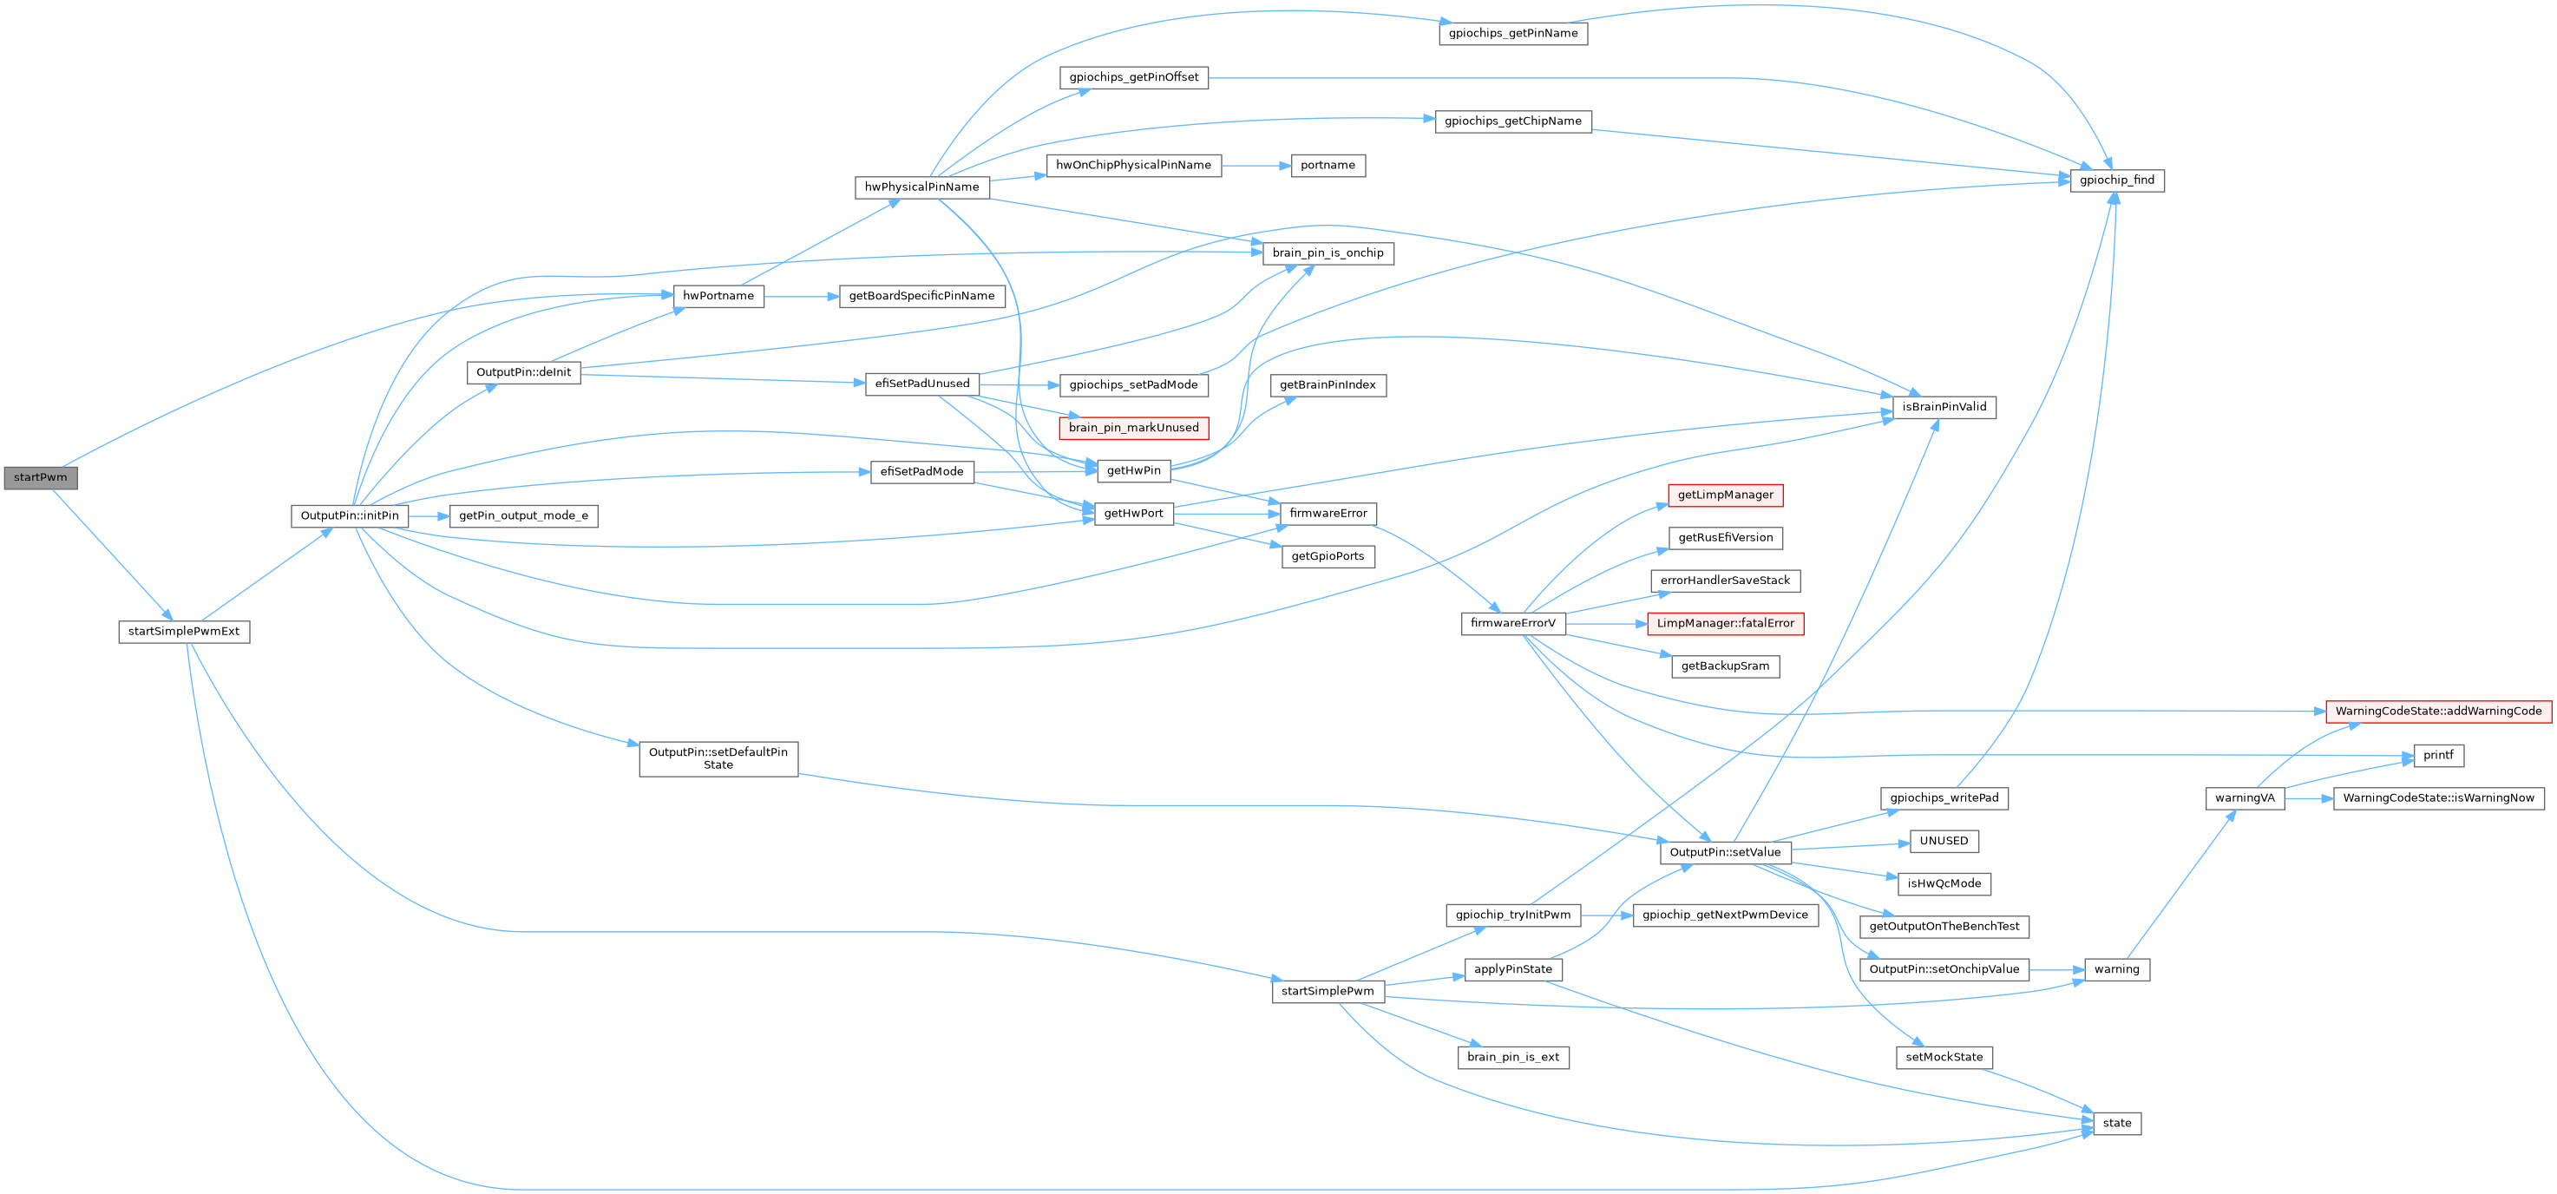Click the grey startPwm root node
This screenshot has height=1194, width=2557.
point(41,477)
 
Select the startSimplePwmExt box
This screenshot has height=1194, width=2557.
point(184,631)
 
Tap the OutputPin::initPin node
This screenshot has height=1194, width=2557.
point(350,516)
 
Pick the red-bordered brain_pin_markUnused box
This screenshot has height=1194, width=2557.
point(1133,428)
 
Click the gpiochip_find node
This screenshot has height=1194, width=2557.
point(2116,180)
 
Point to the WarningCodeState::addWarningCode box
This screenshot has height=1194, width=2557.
point(2438,712)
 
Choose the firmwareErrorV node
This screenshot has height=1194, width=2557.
point(1512,623)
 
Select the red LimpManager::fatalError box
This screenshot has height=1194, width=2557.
point(1725,623)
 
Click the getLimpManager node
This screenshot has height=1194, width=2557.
point(1725,495)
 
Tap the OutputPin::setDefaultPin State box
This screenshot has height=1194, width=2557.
point(718,759)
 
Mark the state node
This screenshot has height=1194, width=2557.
point(2116,1124)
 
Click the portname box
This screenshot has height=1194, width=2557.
point(1328,166)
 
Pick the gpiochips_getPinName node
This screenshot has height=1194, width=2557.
point(1512,34)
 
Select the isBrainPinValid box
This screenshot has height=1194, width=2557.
point(1944,407)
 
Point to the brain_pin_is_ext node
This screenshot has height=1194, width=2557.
point(1512,1057)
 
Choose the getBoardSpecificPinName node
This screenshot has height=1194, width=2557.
point(921,296)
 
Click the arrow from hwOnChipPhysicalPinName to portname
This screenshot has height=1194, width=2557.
point(1256,166)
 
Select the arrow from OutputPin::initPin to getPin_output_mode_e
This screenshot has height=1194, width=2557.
point(429,516)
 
